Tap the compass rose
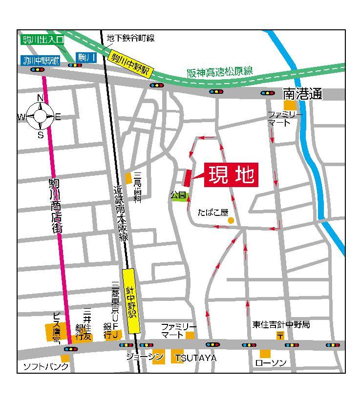click(40, 116)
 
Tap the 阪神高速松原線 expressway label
click(220, 72)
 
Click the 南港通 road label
click(302, 94)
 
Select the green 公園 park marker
click(179, 195)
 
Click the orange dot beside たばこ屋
click(231, 221)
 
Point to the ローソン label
click(271, 363)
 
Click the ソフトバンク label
click(46, 366)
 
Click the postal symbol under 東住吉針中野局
click(280, 335)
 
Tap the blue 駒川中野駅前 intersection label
click(41, 61)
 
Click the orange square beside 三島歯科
click(128, 178)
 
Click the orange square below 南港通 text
click(290, 105)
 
